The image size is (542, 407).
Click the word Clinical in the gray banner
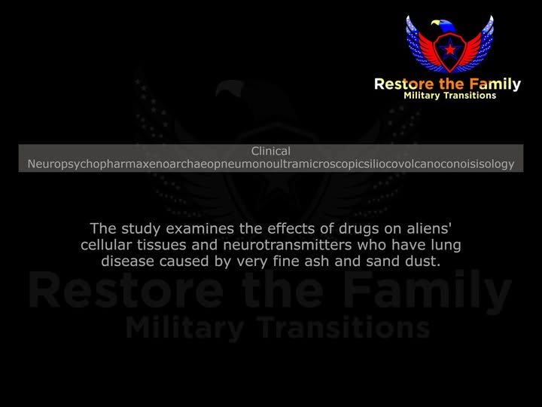coord(271,151)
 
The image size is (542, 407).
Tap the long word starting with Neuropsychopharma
coord(271,164)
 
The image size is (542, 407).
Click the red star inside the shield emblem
coord(450,50)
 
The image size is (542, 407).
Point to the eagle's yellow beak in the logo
coord(435,23)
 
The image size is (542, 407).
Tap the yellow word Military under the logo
coord(422,96)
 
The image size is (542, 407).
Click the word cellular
coord(106,245)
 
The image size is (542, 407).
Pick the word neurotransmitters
coord(288,245)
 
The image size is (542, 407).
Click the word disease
coord(127,262)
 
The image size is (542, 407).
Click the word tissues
coord(161,245)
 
